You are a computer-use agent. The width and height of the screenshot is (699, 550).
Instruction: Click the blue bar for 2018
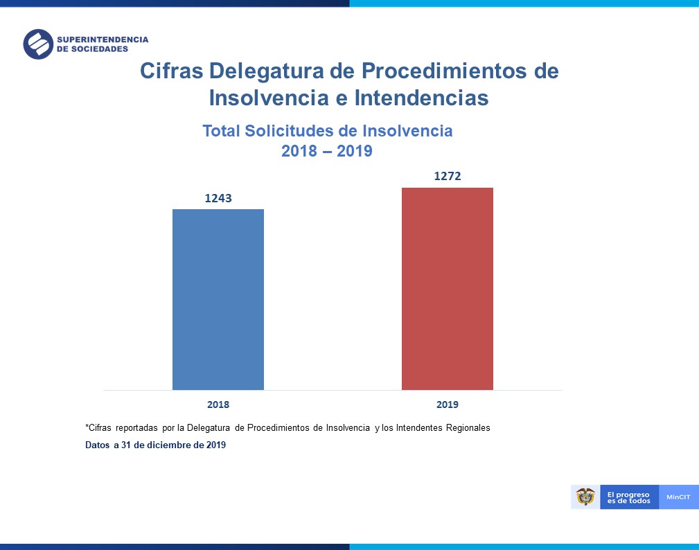pyautogui.click(x=218, y=299)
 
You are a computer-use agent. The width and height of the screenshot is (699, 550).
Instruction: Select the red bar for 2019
pyautogui.click(x=448, y=289)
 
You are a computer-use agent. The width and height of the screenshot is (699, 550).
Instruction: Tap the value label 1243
pyautogui.click(x=218, y=198)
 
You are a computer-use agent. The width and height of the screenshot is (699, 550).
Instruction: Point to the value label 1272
pyautogui.click(x=448, y=177)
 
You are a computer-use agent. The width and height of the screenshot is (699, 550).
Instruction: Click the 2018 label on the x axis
pyautogui.click(x=218, y=405)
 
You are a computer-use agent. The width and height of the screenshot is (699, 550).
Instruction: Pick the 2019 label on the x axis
pyautogui.click(x=448, y=405)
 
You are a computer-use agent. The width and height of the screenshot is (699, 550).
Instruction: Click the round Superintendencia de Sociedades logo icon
pyautogui.click(x=38, y=44)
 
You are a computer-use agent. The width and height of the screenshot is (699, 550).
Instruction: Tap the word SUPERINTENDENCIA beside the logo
pyautogui.click(x=103, y=39)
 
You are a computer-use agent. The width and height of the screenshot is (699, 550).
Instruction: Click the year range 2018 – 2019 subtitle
pyautogui.click(x=327, y=151)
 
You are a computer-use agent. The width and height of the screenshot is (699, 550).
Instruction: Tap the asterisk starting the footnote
pyautogui.click(x=87, y=427)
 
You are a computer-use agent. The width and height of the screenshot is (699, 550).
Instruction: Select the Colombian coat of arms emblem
pyautogui.click(x=585, y=497)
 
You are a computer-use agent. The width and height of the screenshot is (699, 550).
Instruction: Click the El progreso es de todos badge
pyautogui.click(x=629, y=497)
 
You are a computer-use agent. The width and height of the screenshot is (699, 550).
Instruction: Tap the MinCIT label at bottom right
pyautogui.click(x=678, y=497)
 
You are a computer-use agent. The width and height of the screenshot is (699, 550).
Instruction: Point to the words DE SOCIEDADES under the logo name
pyautogui.click(x=93, y=50)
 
